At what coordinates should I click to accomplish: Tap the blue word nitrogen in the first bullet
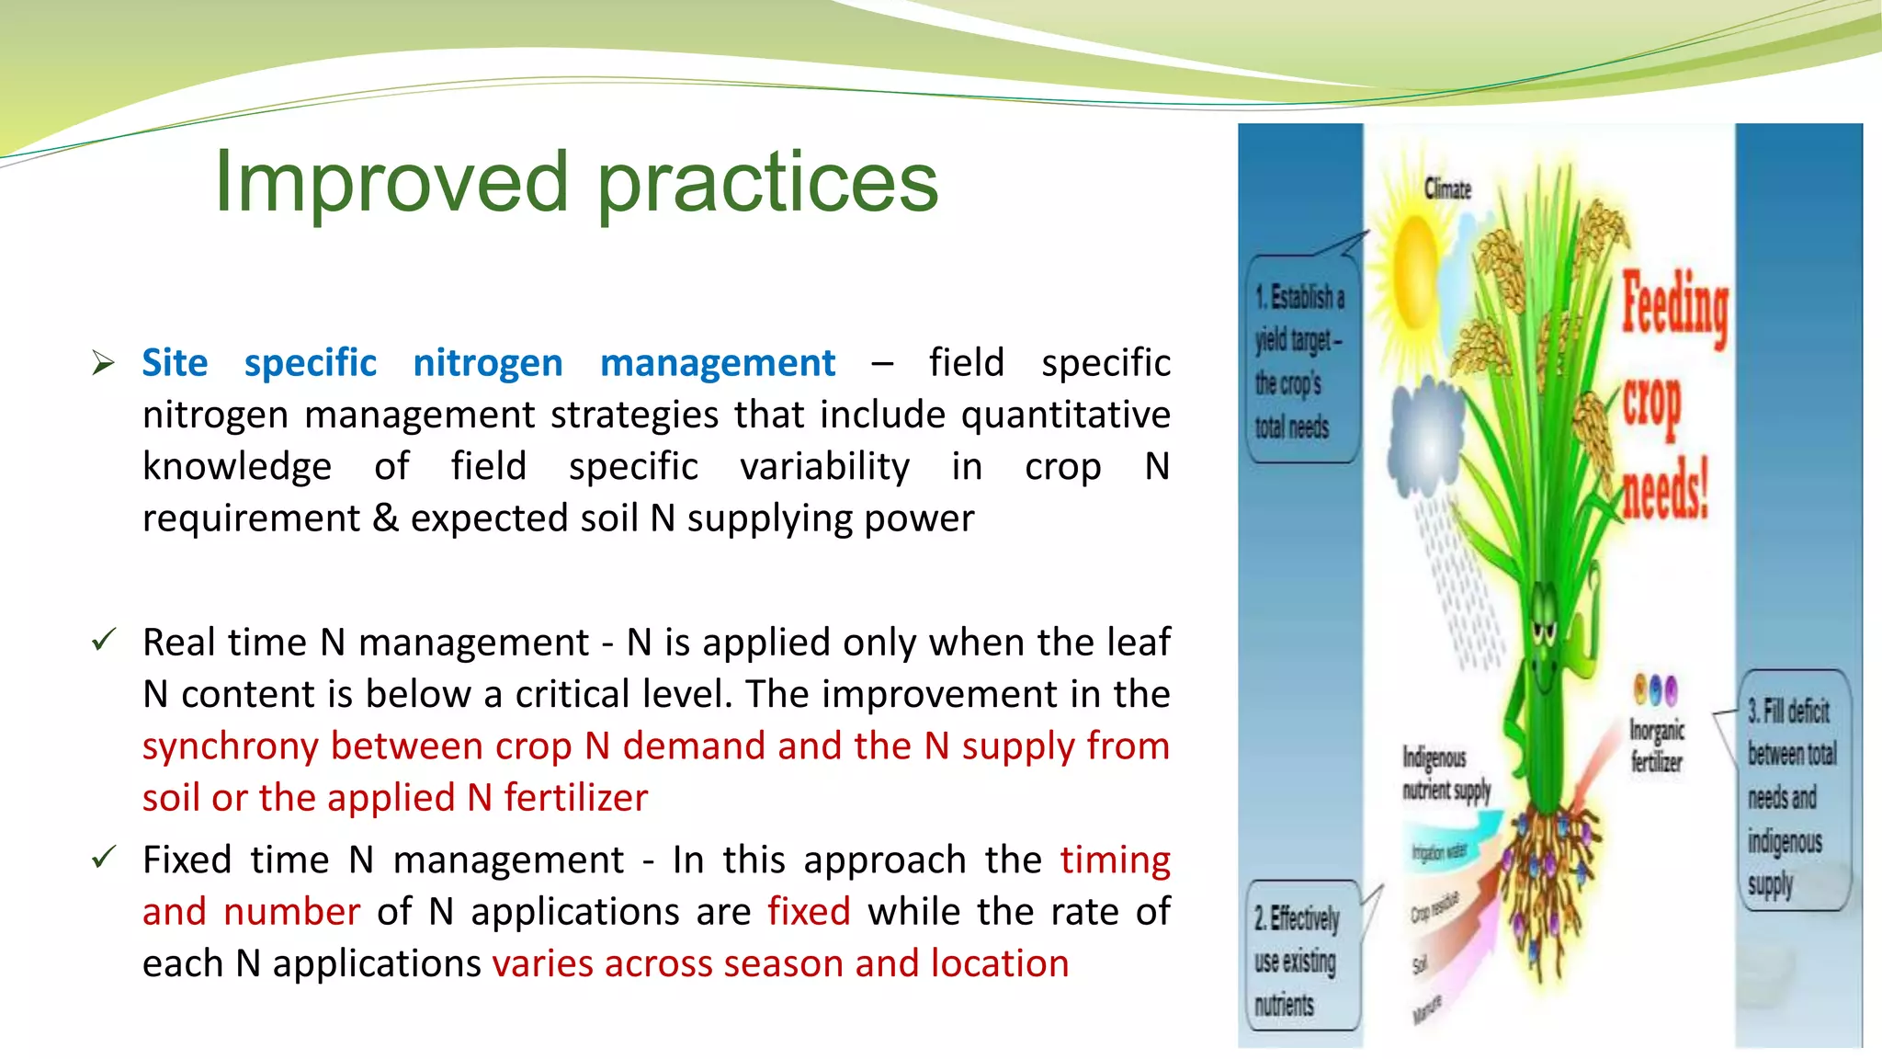click(487, 363)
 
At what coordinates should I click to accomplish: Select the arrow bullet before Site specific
click(103, 363)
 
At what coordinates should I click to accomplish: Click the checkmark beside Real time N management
click(104, 640)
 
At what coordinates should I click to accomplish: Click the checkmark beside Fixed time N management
click(104, 858)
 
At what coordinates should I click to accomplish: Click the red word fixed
click(809, 911)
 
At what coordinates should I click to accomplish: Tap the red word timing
click(1115, 860)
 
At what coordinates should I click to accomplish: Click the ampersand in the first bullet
click(386, 518)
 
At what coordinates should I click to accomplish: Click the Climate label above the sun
click(1447, 189)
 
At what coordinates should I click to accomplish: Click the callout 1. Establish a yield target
click(1300, 360)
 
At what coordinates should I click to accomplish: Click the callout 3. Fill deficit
click(1791, 795)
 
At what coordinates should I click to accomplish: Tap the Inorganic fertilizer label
click(1656, 746)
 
